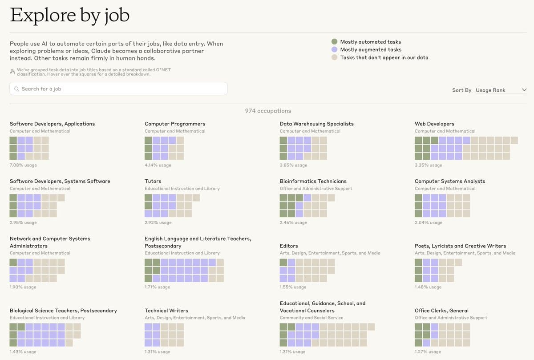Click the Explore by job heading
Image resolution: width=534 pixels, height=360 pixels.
[69, 16]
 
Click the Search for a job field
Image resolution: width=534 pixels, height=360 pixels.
[118, 89]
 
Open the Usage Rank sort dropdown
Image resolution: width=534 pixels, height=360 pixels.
[501, 90]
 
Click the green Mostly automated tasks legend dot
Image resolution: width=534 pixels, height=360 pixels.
[335, 41]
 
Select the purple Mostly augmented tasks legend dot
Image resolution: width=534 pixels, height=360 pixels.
[335, 49]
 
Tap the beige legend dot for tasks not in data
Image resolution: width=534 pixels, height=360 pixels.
[335, 57]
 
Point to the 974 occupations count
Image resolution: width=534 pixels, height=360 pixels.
[268, 111]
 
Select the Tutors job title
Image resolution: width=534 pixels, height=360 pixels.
[153, 181]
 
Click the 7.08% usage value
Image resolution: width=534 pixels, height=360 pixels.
[23, 165]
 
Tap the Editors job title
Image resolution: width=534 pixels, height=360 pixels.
[289, 246]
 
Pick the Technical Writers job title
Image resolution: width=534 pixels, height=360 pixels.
[166, 311]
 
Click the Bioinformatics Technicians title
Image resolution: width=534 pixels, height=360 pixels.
[313, 181]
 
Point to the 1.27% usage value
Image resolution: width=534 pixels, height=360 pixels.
[428, 352]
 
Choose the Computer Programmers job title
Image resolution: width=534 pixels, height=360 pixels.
[175, 124]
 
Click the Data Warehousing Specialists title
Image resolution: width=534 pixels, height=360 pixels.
[316, 124]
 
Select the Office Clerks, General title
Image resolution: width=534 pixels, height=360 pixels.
[441, 311]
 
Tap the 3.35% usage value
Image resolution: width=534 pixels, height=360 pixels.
[428, 165]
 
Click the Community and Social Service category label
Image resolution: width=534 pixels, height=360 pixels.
[311, 318]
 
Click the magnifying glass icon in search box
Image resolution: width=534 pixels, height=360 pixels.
[17, 89]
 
